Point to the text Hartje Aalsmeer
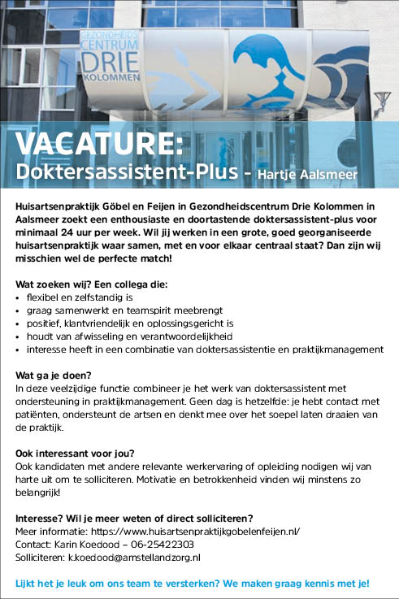pyautogui.click(x=307, y=174)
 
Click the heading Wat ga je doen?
pyautogui.click(x=54, y=375)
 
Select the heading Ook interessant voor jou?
pyautogui.click(x=75, y=453)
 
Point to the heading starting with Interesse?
pyautogui.click(x=135, y=518)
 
